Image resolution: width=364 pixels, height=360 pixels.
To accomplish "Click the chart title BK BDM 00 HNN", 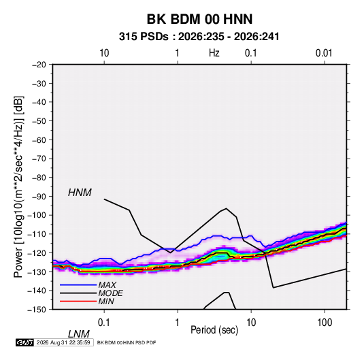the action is (x=199, y=19).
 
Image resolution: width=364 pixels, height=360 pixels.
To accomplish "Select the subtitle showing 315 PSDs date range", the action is (x=199, y=37).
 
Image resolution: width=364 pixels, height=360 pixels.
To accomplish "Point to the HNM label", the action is (x=80, y=193).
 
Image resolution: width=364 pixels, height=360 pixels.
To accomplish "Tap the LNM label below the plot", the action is (x=78, y=334).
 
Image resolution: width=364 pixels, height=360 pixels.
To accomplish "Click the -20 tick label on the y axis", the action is (x=39, y=65).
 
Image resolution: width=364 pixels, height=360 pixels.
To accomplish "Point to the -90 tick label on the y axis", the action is (x=39, y=197).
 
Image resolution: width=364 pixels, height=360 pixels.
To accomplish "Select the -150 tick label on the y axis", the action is (x=37, y=310).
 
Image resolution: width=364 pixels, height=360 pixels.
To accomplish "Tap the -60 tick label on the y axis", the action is (x=39, y=140).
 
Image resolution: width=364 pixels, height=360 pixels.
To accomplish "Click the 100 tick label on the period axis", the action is (x=325, y=323).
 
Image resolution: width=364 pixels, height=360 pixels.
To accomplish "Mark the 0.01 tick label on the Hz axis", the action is (x=324, y=53).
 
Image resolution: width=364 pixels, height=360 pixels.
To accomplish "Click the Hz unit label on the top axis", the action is (x=214, y=53).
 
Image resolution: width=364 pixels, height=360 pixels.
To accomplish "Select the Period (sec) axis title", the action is (x=214, y=330).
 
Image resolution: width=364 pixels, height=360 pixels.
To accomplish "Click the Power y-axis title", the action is (x=18, y=186).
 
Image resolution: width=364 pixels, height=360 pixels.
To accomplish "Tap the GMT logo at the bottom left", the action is (x=24, y=342).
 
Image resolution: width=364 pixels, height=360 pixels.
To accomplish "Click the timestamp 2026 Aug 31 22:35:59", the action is (x=63, y=342).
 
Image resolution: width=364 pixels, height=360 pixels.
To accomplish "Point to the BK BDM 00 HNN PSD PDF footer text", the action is (x=127, y=342).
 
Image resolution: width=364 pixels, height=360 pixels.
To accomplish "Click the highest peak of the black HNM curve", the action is (x=227, y=208).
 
